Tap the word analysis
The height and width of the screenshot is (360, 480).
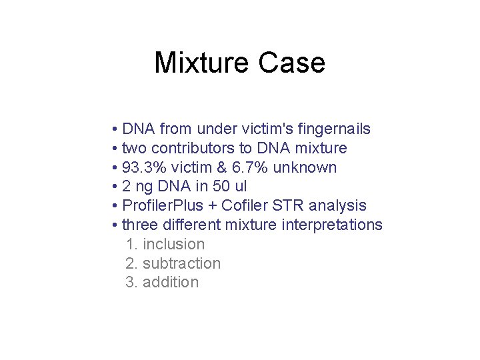tap(339, 206)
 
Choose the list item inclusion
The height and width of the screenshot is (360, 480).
tap(173, 245)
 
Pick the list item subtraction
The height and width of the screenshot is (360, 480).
tap(181, 263)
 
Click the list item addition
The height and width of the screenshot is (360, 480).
tap(171, 282)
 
